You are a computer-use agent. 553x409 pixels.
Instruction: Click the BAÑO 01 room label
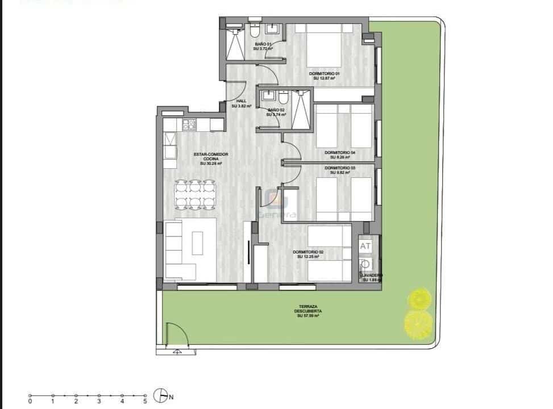coord(263,46)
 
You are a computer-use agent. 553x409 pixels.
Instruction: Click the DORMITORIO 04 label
coord(340,155)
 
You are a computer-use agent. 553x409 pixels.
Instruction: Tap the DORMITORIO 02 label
coord(308,254)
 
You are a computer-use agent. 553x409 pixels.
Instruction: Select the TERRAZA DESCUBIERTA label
coord(309,311)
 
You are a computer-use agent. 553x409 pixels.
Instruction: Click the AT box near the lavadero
coord(365,246)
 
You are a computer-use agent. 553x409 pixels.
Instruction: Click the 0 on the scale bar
coord(30,402)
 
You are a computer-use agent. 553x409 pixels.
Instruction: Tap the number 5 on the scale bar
coord(145,402)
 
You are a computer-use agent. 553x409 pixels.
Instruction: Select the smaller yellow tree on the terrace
coord(419,298)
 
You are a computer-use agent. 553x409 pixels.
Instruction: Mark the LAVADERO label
coord(372,276)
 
